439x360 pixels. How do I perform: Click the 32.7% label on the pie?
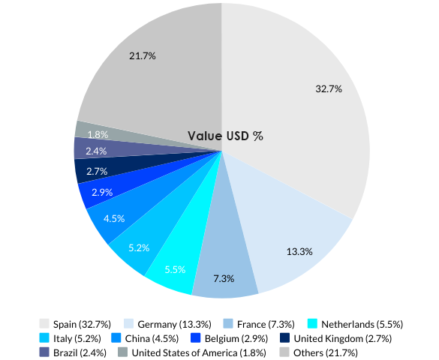[x=329, y=88]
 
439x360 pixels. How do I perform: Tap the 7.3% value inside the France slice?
[x=224, y=278]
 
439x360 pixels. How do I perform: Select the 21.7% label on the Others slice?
[x=142, y=56]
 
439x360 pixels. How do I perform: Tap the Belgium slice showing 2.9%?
[x=101, y=192]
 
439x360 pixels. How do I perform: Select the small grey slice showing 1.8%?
[x=98, y=134]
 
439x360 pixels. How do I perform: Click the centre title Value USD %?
[x=225, y=136]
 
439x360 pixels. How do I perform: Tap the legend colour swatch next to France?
[x=229, y=324]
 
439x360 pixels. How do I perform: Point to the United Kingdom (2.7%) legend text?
[x=356, y=338]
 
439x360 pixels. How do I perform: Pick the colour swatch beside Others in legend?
[x=284, y=352]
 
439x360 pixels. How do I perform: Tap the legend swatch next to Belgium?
[x=196, y=338]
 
